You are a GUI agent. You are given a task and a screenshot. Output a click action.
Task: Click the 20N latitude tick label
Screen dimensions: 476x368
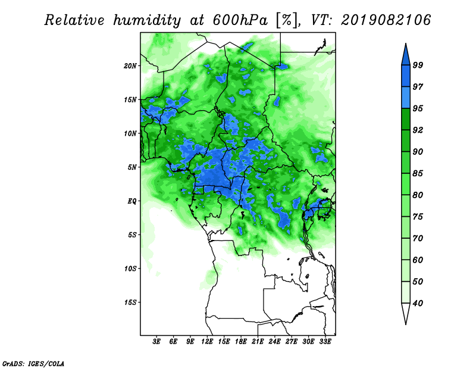click(130, 66)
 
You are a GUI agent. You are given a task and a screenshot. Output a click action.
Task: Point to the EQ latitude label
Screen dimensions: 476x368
click(131, 201)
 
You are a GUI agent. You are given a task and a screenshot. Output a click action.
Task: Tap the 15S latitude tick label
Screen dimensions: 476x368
click(130, 302)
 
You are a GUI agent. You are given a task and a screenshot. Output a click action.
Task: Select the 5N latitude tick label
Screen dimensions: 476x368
click(132, 167)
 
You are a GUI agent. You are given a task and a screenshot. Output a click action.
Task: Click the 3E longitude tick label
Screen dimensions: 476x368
click(156, 341)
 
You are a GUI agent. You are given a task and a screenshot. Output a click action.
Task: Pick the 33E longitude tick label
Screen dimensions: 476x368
click(325, 341)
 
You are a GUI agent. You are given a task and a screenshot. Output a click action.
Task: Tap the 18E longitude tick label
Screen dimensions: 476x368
click(241, 341)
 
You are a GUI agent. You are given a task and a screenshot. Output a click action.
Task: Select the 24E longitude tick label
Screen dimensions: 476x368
click(274, 341)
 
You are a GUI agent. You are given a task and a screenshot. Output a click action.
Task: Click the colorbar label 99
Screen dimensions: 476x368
click(418, 65)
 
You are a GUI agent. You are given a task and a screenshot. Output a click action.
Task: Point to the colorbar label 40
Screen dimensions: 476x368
click(418, 303)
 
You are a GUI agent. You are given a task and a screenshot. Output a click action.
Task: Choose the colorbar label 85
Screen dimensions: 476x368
click(418, 173)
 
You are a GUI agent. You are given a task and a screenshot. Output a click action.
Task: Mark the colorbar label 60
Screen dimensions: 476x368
click(418, 260)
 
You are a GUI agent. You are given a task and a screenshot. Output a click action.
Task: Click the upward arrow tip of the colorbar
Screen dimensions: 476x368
click(406, 43)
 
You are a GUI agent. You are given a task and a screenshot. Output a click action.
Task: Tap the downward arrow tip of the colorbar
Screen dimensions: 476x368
click(406, 325)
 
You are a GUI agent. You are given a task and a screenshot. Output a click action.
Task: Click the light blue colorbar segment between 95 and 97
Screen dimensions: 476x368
click(406, 98)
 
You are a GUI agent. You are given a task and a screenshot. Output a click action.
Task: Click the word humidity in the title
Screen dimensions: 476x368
click(147, 21)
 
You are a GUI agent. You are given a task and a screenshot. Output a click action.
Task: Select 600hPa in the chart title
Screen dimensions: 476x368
click(240, 20)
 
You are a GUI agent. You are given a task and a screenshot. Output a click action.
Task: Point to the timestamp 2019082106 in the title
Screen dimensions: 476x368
click(386, 20)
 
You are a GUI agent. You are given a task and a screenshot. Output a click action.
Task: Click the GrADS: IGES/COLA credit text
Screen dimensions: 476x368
click(33, 363)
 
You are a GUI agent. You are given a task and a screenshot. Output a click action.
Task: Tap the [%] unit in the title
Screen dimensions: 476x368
click(287, 20)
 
